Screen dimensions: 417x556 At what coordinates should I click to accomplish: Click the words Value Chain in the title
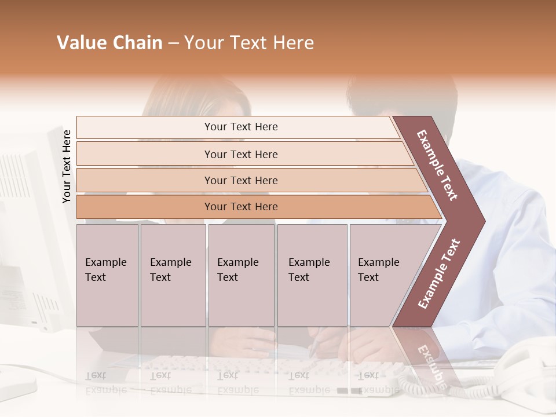pos(109,43)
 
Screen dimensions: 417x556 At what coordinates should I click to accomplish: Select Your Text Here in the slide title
pos(249,43)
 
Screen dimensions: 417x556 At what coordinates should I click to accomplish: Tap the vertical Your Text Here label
pos(67,166)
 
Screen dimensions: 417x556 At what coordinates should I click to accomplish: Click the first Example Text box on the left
pos(107,275)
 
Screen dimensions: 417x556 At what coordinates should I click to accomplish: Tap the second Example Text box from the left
pos(173,275)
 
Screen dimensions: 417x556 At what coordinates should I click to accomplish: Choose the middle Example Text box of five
pos(241,275)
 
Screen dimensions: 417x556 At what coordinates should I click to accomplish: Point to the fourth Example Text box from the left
pos(312,275)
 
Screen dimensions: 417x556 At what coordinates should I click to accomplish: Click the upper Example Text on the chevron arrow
pos(437,164)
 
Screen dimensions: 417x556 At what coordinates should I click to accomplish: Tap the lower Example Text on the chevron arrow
pos(439,274)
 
